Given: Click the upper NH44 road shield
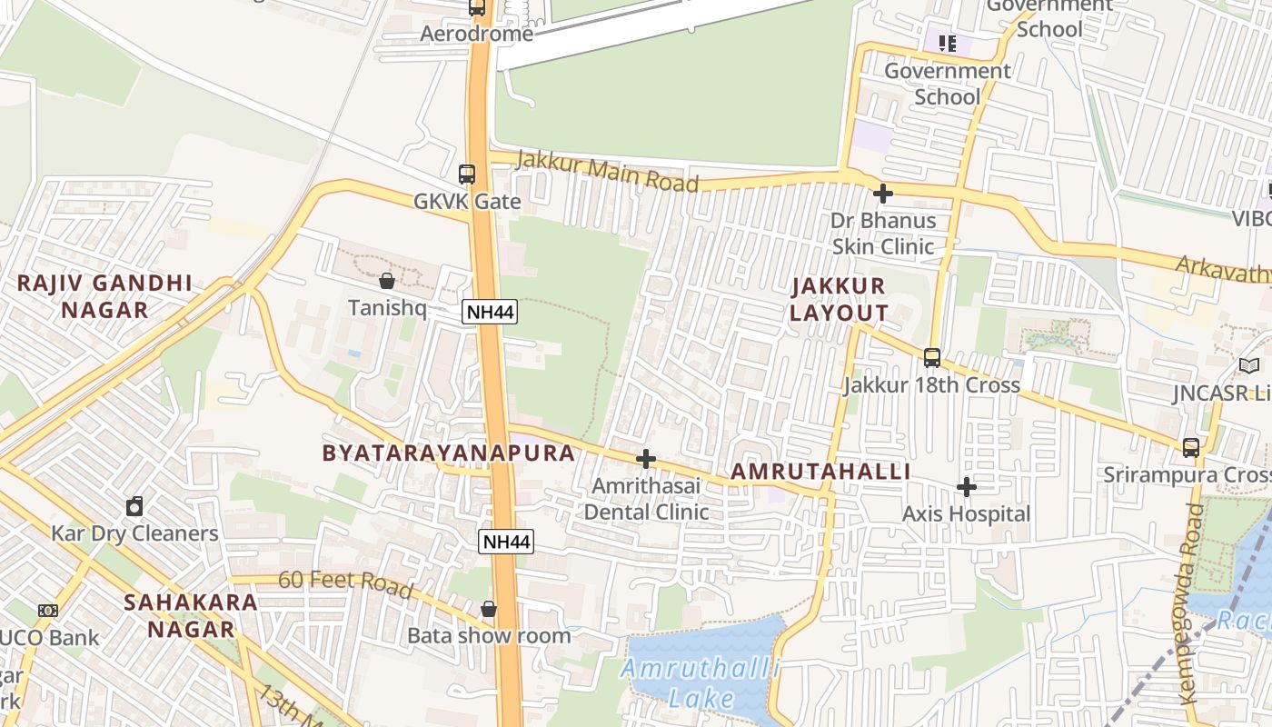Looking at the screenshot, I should click(490, 313).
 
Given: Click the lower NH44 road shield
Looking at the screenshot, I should click(506, 542).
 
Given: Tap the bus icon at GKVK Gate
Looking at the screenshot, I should click(467, 174).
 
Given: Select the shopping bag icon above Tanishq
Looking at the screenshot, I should click(387, 280).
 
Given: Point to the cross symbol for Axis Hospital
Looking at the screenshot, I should click(967, 487).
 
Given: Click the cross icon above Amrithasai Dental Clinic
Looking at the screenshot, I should click(646, 459).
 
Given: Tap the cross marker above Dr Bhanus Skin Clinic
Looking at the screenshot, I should click(882, 193).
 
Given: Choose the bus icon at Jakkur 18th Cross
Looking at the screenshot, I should click(931, 357).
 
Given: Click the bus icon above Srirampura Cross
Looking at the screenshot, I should click(1190, 447).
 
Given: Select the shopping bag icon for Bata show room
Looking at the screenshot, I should click(489, 608).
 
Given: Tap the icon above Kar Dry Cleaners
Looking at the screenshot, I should click(134, 505).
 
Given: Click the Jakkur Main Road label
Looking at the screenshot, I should click(607, 172).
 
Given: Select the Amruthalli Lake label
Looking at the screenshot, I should click(701, 683).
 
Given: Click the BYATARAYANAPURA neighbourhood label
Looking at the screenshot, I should click(449, 453).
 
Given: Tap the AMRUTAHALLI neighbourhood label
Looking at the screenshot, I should click(820, 472).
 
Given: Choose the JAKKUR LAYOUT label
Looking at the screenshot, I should click(838, 299).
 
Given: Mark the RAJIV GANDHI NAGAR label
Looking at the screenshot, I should click(104, 296).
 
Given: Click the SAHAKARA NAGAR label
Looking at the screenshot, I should click(190, 614).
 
